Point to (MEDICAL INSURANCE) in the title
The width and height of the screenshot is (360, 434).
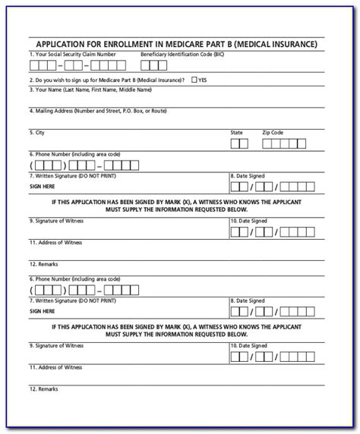coord(278,44)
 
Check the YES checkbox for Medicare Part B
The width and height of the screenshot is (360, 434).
coord(194,79)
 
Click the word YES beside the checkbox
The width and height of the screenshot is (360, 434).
coord(203,80)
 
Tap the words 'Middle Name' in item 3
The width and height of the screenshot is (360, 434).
coord(141,90)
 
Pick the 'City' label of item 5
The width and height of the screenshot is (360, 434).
coord(36,132)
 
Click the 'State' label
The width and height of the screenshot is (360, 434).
coord(237,132)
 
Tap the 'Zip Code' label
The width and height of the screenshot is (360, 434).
coord(274,132)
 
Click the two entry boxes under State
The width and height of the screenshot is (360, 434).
coord(239,142)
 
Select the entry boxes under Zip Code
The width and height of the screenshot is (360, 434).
coord(286,142)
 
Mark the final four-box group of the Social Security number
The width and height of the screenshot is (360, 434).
coord(114,65)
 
